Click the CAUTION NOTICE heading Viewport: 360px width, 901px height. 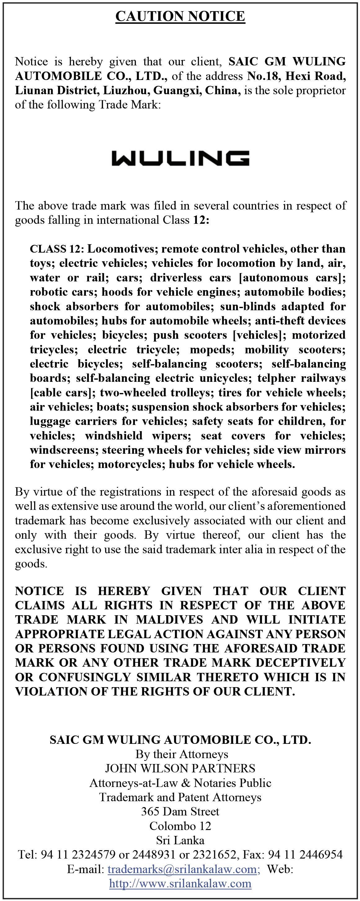[x=180, y=16]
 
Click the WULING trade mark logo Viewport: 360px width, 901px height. [x=180, y=158]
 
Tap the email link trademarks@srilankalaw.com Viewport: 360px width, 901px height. [x=183, y=869]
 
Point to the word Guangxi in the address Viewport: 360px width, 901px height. [x=177, y=90]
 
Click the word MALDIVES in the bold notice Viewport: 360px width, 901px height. [x=169, y=620]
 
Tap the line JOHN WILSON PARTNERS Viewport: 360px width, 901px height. [x=180, y=768]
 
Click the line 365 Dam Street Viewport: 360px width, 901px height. [x=180, y=811]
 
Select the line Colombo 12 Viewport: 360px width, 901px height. [x=180, y=826]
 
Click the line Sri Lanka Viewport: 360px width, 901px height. [x=180, y=840]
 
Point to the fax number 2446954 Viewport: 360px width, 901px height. [x=321, y=855]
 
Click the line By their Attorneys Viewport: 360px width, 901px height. [x=182, y=754]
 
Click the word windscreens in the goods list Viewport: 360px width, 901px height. [x=63, y=450]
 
